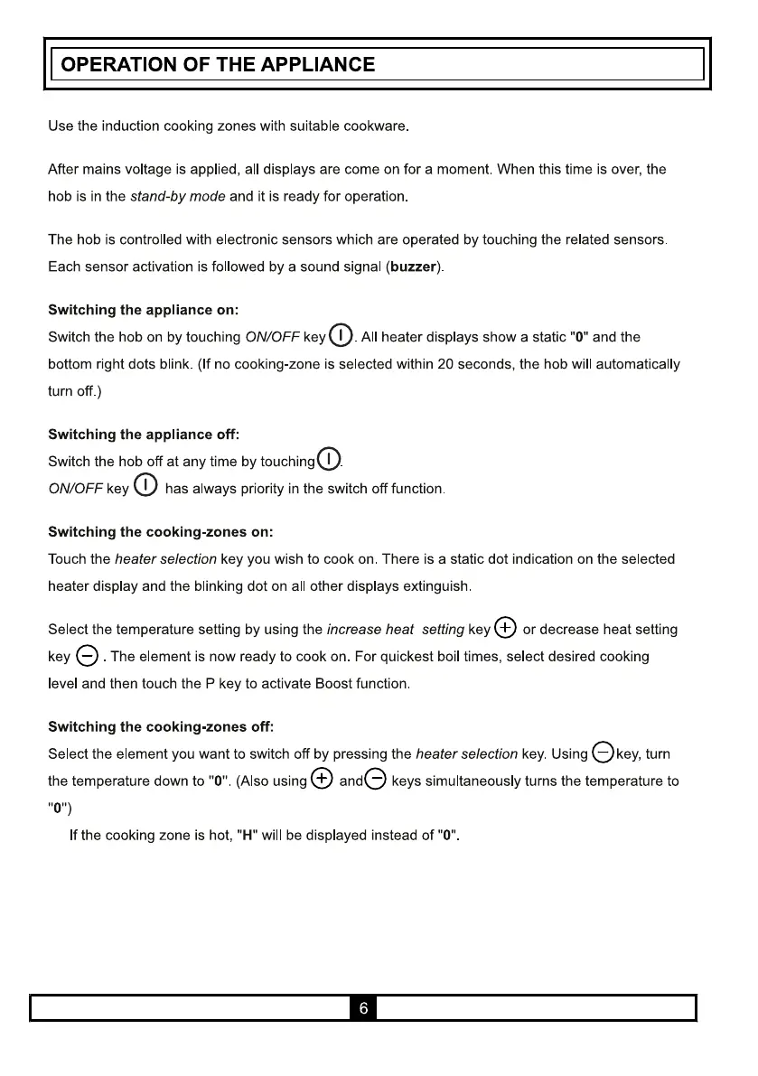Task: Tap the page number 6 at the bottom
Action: pyautogui.click(x=363, y=1008)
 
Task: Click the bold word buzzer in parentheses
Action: pyautogui.click(x=413, y=267)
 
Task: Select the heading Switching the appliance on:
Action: pyautogui.click(x=143, y=310)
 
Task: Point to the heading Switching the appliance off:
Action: pyautogui.click(x=143, y=435)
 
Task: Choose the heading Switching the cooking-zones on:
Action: pyautogui.click(x=160, y=532)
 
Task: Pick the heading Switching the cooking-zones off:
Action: pyautogui.click(x=160, y=726)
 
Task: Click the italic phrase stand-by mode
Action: pyautogui.click(x=178, y=196)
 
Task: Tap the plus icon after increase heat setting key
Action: pyautogui.click(x=506, y=628)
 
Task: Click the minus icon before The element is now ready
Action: pyautogui.click(x=88, y=656)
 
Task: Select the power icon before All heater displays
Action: pyautogui.click(x=341, y=335)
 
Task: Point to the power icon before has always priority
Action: pyautogui.click(x=145, y=487)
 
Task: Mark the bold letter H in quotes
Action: pyautogui.click(x=242, y=836)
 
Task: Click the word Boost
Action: pyautogui.click(x=333, y=683)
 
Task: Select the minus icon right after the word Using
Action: pyautogui.click(x=603, y=752)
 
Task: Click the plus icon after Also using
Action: pyautogui.click(x=322, y=779)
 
